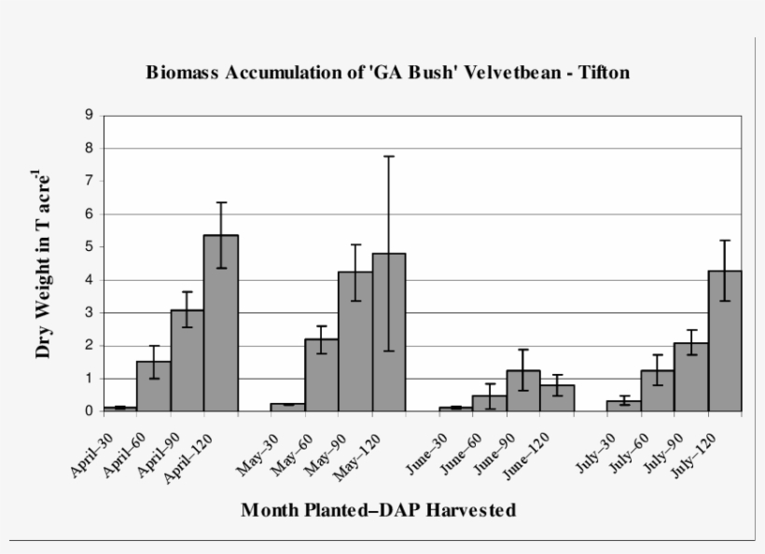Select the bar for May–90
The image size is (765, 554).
(x=355, y=341)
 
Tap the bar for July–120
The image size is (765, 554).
(x=724, y=340)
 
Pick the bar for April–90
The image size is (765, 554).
(x=188, y=360)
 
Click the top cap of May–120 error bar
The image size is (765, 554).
(x=389, y=157)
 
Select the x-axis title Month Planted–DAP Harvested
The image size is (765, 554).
(x=378, y=510)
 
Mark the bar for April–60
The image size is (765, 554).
(x=154, y=386)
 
